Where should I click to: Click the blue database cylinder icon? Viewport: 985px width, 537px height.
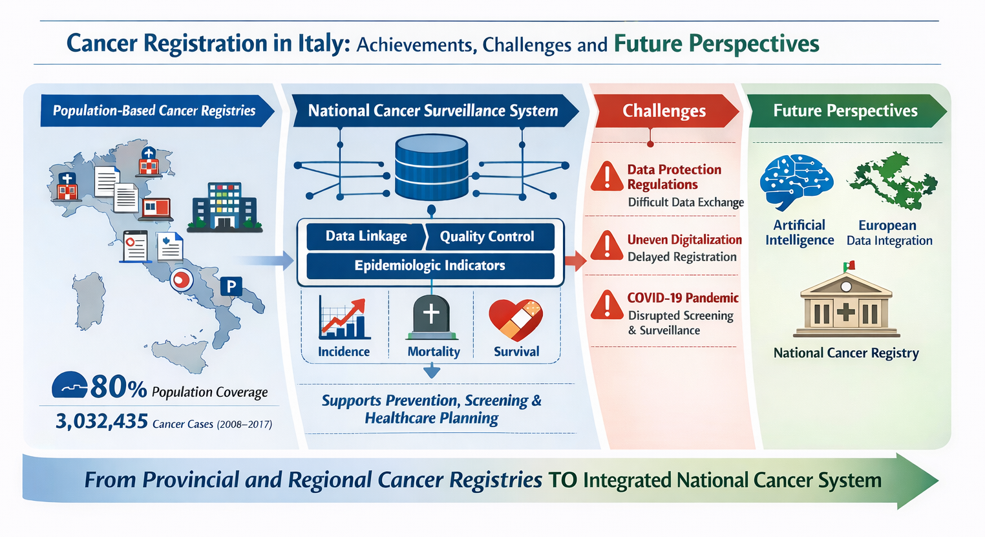click(x=431, y=167)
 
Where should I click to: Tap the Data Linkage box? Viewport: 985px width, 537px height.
click(x=366, y=237)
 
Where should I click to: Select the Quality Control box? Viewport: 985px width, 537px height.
click(x=488, y=237)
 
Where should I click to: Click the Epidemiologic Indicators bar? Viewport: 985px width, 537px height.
click(x=430, y=266)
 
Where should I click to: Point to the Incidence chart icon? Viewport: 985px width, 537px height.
click(x=343, y=318)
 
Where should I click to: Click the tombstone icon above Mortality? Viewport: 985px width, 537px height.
click(x=431, y=317)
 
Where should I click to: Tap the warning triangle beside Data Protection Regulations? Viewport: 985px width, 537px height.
click(x=608, y=177)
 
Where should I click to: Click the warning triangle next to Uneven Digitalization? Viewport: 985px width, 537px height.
click(x=608, y=246)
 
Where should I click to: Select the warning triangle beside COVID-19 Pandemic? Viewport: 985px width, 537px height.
click(x=608, y=305)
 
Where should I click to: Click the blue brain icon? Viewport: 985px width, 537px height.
click(x=796, y=182)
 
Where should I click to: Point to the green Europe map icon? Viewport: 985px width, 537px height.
click(x=893, y=181)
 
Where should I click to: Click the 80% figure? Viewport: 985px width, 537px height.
click(x=118, y=387)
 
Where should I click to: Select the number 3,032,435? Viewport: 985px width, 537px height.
click(x=101, y=421)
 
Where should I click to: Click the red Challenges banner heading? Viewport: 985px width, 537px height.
click(x=664, y=111)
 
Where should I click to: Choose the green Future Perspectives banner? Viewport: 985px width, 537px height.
click(x=846, y=111)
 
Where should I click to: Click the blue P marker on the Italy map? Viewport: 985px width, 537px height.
click(x=231, y=287)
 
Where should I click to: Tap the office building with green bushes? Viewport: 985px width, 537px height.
click(x=224, y=207)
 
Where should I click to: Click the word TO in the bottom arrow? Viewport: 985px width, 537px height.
click(x=563, y=480)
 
